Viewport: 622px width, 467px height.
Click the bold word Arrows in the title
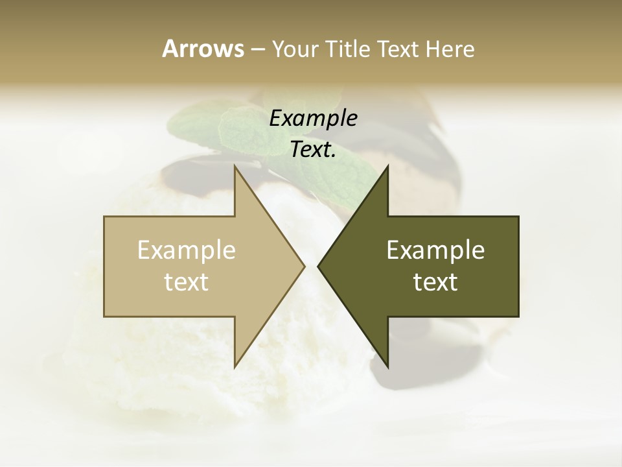click(203, 49)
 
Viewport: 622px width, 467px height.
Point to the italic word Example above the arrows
click(313, 119)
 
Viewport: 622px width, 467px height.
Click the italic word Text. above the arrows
click(313, 150)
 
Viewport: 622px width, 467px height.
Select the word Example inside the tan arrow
click(187, 250)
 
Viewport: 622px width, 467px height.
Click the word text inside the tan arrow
click(187, 282)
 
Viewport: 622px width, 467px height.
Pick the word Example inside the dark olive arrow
click(435, 250)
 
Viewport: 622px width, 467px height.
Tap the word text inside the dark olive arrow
click(435, 282)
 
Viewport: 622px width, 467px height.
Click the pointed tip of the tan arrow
click(304, 266)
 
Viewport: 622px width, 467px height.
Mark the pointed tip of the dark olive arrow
click(318, 266)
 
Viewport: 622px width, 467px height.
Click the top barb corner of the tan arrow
click(235, 167)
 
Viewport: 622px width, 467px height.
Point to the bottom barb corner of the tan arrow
click(235, 367)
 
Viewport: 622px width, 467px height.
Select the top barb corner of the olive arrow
click(387, 167)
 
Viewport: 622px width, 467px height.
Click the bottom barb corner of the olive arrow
click(387, 367)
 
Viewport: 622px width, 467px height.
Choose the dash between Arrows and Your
click(257, 50)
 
